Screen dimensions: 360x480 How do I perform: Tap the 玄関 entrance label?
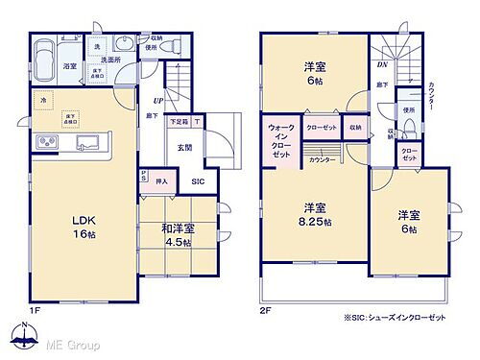[184, 147]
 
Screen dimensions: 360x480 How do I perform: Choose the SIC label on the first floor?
[198, 180]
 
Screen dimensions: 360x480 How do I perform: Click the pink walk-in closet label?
[281, 140]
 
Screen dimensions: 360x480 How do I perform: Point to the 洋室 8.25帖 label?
[312, 213]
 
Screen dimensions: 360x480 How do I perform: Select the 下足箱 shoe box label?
[179, 122]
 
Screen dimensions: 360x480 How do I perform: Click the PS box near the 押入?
[143, 178]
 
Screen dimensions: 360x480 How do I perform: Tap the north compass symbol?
[19, 336]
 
